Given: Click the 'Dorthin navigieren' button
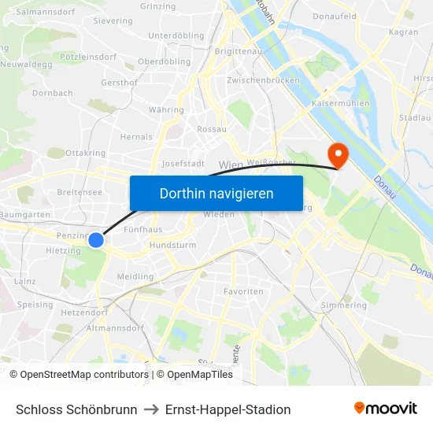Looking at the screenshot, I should click(x=216, y=193).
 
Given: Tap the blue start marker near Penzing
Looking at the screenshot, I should click(x=96, y=239).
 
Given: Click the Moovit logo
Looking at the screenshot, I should click(x=386, y=409).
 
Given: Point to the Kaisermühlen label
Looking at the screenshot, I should click(x=341, y=103).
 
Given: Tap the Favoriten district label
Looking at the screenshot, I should click(x=244, y=291).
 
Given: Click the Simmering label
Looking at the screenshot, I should click(x=344, y=305).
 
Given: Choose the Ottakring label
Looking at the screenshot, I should click(x=86, y=153).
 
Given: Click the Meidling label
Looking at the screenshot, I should click(x=135, y=277).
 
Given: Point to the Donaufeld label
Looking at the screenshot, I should click(x=334, y=16).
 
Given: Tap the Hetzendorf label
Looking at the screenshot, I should click(x=84, y=313).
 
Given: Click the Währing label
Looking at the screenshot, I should click(x=166, y=110).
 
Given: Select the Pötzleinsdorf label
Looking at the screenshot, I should click(x=88, y=57).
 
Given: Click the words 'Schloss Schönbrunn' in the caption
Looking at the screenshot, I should click(x=76, y=409).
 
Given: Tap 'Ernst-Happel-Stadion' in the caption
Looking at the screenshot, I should click(x=228, y=409).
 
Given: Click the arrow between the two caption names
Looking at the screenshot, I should click(x=151, y=409).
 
